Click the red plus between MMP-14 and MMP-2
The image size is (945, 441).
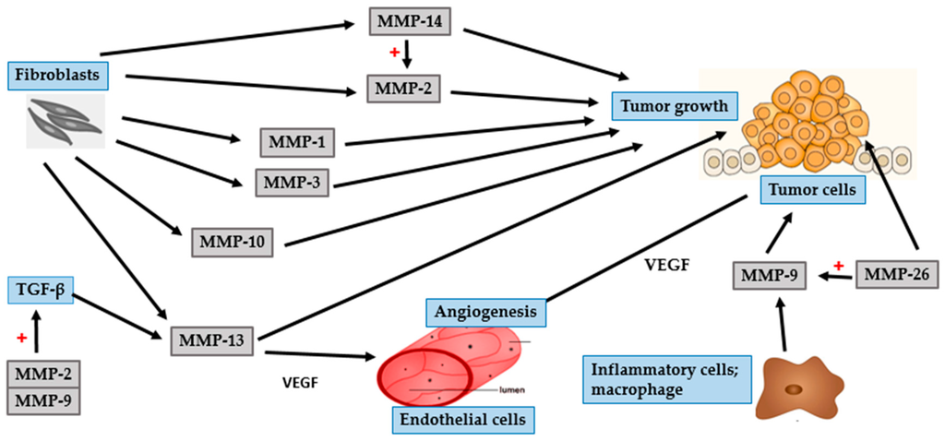[394, 53]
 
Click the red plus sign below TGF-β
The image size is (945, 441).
[20, 340]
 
